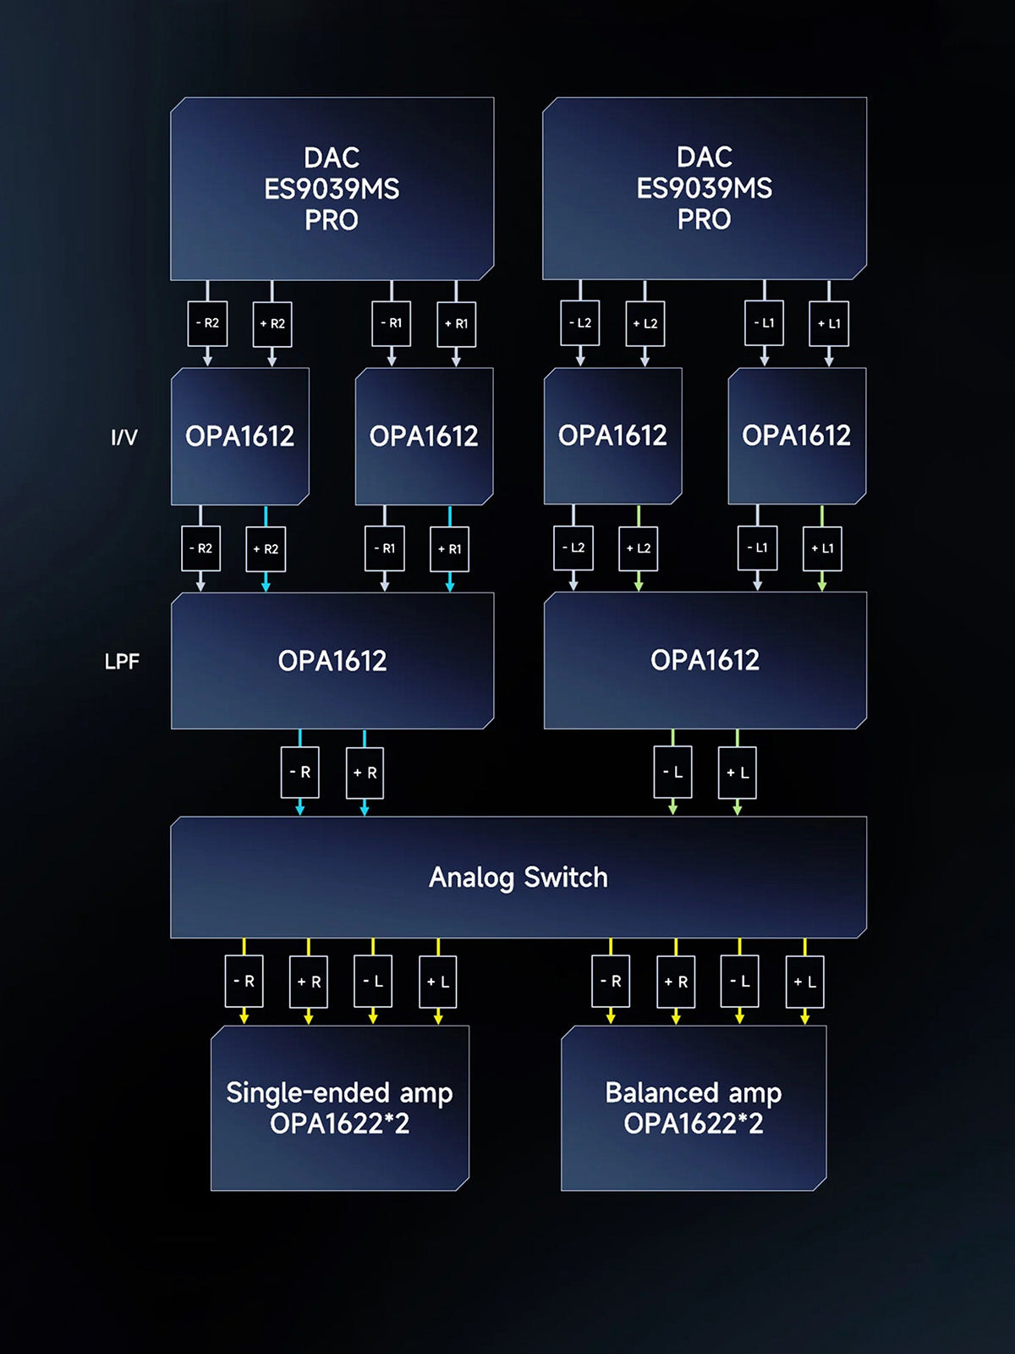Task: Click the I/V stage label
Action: point(123,438)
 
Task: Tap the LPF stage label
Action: point(122,662)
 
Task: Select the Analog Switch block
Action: point(518,878)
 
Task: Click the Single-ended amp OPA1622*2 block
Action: point(339,1108)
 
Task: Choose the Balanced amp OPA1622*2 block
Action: point(694,1108)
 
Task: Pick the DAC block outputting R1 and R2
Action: point(332,189)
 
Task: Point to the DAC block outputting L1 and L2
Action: point(704,188)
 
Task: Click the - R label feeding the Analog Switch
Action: point(300,772)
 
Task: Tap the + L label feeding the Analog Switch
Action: point(738,772)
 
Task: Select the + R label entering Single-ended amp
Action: point(309,982)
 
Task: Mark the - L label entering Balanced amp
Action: point(739,982)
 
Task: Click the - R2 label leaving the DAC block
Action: point(207,323)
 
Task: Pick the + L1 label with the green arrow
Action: point(822,548)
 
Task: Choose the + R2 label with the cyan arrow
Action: point(266,548)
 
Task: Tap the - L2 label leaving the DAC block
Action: point(580,323)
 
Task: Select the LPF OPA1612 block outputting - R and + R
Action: point(332,661)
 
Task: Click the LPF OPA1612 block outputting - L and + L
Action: point(705,660)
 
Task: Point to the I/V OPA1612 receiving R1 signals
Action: point(424,437)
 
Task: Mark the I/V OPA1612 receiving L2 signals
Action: point(612,436)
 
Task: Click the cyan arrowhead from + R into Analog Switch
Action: point(365,810)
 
